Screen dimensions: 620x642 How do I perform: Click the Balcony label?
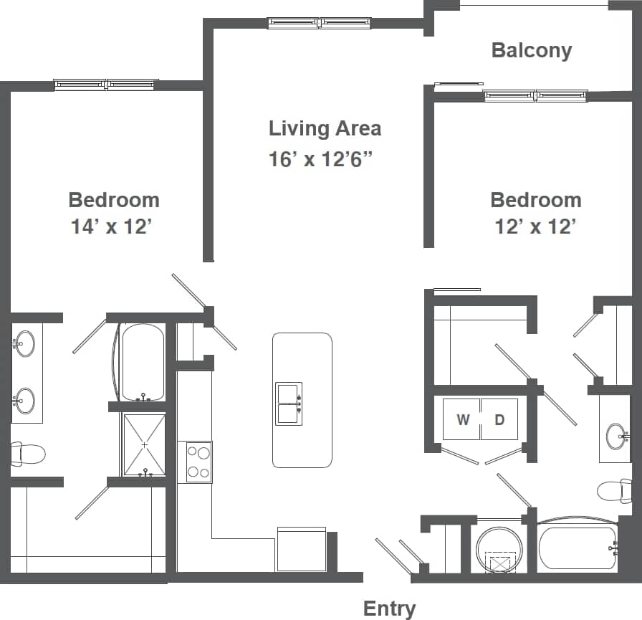[531, 50]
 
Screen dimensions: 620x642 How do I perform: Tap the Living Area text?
[325, 128]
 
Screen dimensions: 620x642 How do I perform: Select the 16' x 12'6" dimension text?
[322, 158]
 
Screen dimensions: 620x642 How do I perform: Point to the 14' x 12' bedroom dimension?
[112, 226]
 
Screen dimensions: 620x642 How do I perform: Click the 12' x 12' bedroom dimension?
[535, 226]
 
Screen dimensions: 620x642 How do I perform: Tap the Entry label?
[389, 609]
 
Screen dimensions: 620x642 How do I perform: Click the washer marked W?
[462, 419]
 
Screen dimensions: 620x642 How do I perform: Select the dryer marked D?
[499, 419]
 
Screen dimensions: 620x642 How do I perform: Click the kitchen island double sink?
[289, 404]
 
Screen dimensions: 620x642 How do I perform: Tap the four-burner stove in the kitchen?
[198, 462]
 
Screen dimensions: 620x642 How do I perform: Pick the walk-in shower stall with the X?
[144, 444]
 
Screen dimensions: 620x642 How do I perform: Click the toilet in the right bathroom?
[614, 491]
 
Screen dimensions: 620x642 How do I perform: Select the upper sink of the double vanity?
[24, 343]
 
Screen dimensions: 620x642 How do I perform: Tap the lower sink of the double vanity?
[24, 401]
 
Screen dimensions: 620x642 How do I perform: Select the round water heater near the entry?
[499, 550]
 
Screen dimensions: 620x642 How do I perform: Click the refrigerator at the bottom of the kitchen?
[301, 550]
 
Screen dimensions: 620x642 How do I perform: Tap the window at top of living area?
[319, 23]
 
